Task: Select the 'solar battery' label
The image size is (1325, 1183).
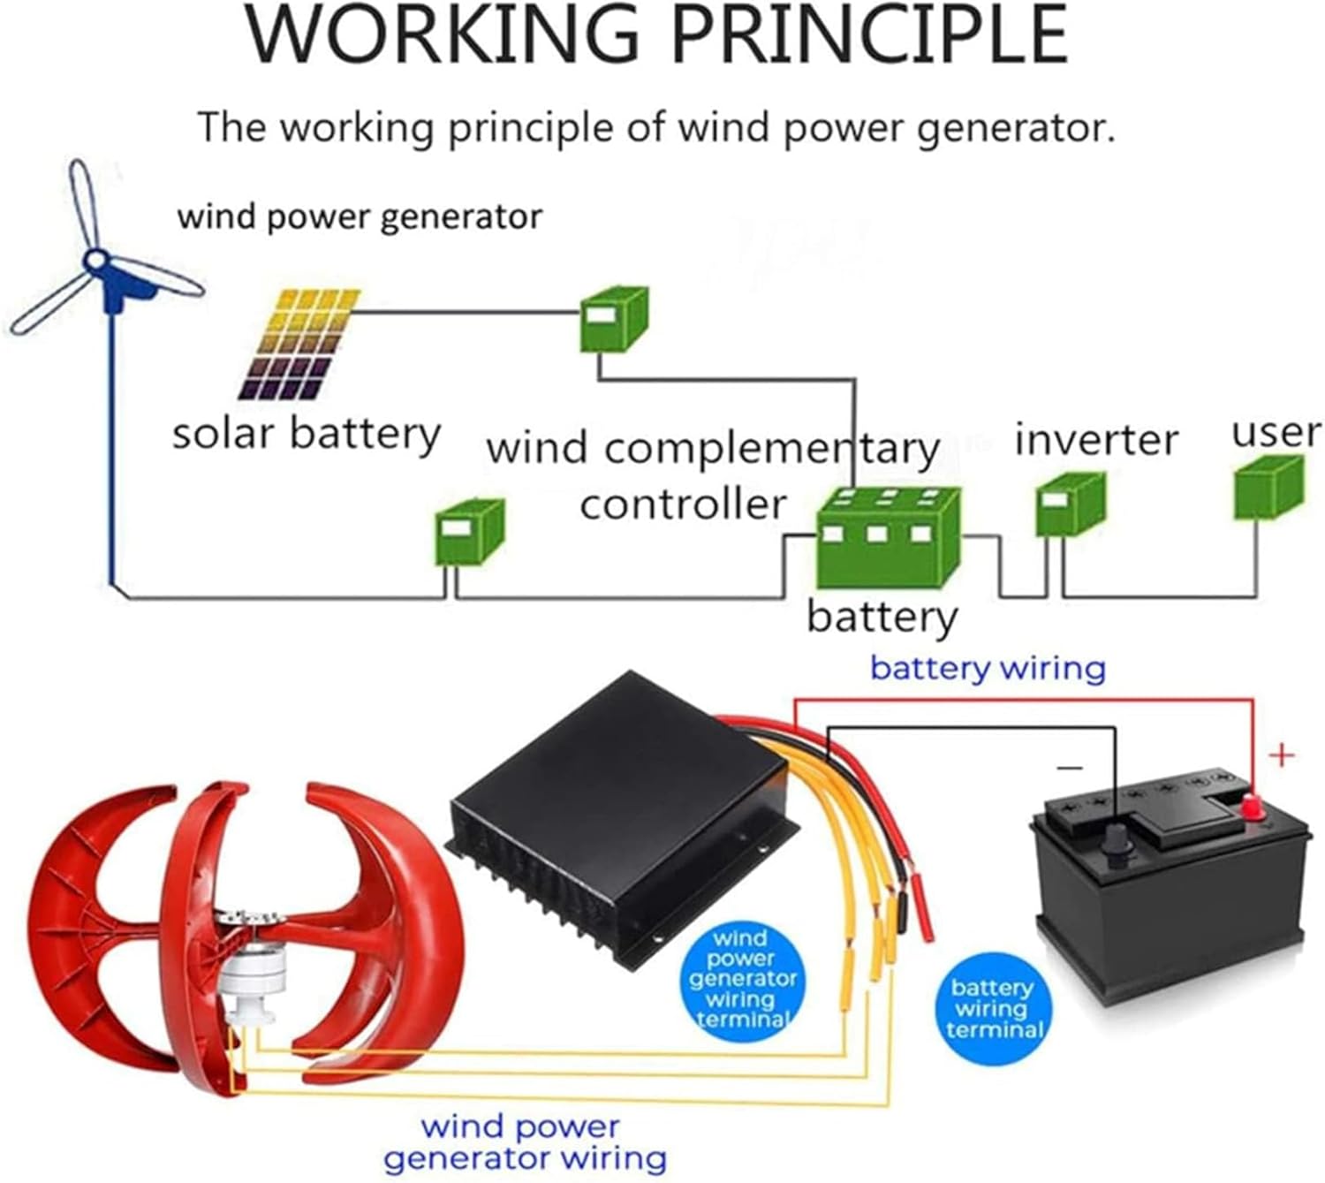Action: point(306,435)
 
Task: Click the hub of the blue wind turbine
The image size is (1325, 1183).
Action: point(96,262)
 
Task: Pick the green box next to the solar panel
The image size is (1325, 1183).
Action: point(614,319)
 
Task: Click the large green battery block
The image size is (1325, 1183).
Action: point(887,539)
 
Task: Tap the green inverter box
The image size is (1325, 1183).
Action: point(1070,504)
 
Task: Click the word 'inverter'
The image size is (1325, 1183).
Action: point(1095,439)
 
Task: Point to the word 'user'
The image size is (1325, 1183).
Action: point(1276,432)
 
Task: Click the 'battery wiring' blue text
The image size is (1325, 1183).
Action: point(988,668)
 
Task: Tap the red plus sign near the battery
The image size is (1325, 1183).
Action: point(1281,755)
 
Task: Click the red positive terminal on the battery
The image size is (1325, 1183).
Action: point(1252,806)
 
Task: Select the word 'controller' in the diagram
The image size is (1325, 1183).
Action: point(682,504)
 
